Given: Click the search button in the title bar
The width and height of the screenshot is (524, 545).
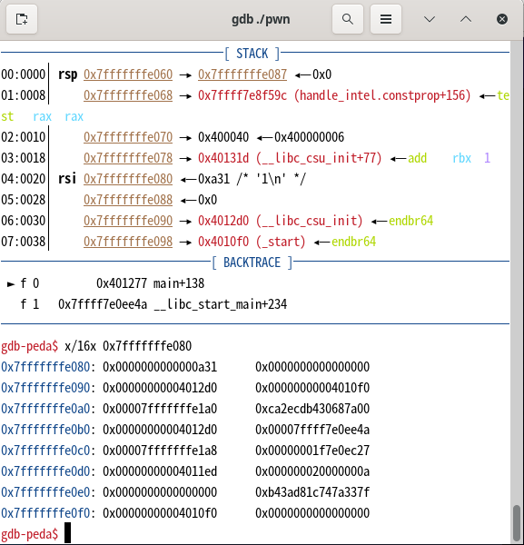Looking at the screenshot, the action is coord(348,19).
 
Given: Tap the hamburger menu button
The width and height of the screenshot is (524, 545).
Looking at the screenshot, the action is coord(386,19).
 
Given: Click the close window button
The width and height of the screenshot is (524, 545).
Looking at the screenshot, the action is coord(502,19).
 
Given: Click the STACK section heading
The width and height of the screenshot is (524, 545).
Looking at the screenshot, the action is coord(252,54).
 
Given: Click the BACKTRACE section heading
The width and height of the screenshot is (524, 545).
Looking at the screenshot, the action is coord(252,263).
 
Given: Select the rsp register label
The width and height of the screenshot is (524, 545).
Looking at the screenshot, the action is coord(68,75).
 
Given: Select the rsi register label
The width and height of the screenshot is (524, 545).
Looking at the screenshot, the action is coord(67,179).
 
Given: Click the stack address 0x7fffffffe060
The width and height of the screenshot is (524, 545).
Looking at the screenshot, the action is coord(128,74).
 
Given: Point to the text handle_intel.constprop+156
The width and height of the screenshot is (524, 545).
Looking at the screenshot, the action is coord(382,95).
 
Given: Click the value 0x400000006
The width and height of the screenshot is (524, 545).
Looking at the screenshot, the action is coord(310,137).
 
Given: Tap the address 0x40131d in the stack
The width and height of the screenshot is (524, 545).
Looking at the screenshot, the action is coord(223,158).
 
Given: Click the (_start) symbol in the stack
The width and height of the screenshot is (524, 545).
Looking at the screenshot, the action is coord(281,242).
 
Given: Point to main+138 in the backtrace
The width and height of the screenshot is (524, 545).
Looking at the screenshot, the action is coord(179,283).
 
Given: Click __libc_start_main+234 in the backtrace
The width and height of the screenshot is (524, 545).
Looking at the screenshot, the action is coord(221,304).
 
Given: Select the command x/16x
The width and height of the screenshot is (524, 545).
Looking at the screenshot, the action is coord(80,346).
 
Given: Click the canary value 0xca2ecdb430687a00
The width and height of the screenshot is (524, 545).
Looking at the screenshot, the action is coord(312,409).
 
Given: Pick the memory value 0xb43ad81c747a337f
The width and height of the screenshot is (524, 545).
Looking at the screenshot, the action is coord(312,492).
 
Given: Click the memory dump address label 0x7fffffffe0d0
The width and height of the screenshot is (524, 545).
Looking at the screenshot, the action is coord(45,471).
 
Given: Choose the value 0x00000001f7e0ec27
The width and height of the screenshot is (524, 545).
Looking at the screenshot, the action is coord(312,451).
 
